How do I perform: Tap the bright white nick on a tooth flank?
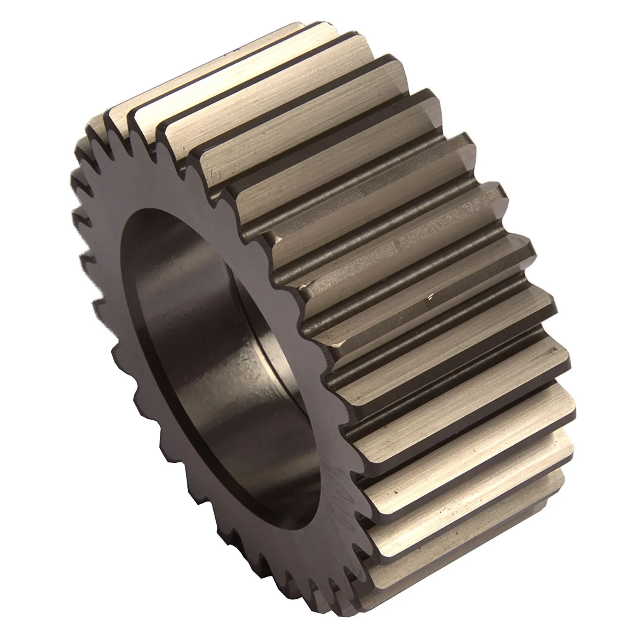pyautogui.click(x=431, y=295)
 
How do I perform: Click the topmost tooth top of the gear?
pyautogui.click(x=300, y=30)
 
